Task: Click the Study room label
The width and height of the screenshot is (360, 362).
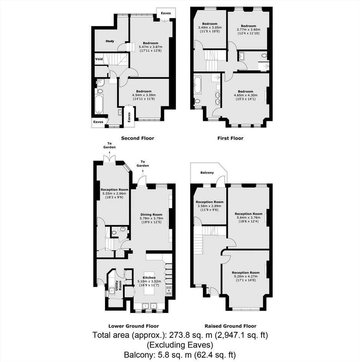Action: [x=110, y=41]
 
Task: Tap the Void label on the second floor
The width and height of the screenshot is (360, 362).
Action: [x=99, y=59]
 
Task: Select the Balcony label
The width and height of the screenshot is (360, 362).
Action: [x=207, y=173]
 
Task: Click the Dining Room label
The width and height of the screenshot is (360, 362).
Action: [x=151, y=214]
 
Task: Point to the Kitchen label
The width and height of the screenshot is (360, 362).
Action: [x=149, y=277]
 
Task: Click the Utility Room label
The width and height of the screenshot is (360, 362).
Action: [x=118, y=285]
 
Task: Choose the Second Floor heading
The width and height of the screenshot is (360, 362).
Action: [x=137, y=138]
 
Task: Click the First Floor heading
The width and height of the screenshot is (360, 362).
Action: [x=231, y=138]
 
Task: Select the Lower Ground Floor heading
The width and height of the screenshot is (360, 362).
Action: [x=134, y=326]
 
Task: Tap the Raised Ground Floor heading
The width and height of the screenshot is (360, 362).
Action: [x=231, y=326]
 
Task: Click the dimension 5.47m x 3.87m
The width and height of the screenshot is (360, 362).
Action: [x=151, y=47]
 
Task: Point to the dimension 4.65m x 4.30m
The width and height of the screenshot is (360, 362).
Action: [x=245, y=95]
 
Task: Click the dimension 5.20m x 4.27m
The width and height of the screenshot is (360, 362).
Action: [x=245, y=276]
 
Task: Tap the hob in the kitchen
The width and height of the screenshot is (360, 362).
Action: [x=169, y=290]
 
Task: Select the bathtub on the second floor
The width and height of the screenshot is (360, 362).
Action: [x=99, y=104]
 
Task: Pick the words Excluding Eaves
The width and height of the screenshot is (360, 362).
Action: [x=180, y=345]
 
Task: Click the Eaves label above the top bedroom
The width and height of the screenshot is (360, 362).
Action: [x=166, y=13]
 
